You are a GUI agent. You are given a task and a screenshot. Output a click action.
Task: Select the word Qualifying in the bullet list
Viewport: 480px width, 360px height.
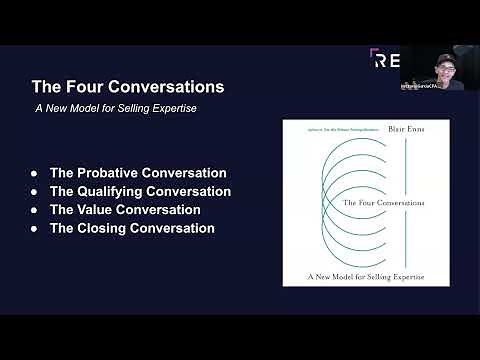(x=110, y=191)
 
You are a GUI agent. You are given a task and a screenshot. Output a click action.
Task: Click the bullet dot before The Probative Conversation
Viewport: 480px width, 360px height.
(x=35, y=174)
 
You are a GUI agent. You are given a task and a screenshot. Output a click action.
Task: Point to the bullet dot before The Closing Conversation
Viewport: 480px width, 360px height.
(x=35, y=229)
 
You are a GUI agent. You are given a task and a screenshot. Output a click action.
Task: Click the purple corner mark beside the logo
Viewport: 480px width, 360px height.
(x=372, y=52)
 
